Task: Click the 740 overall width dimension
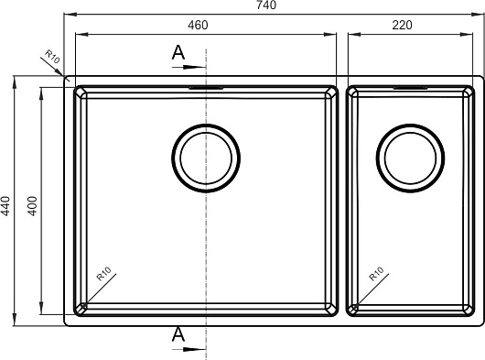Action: coord(266,5)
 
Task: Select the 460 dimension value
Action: coord(198,25)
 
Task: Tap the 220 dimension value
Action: coord(402,25)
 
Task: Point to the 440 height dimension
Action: coord(5,205)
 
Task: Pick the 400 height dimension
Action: coord(32,205)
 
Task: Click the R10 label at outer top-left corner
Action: coord(52,57)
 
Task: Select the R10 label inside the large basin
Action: coord(103,274)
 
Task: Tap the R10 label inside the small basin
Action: coord(376,274)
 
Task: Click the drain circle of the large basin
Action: coord(206,125)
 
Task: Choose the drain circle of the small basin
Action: coord(411,125)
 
